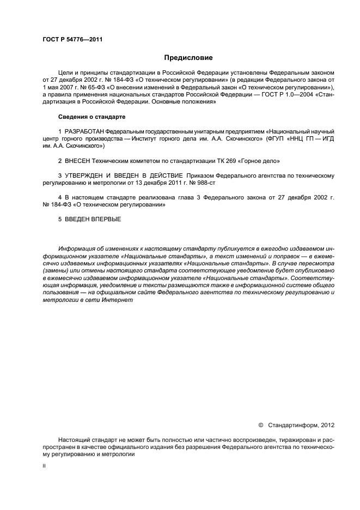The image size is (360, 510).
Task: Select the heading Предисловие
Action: tap(188, 57)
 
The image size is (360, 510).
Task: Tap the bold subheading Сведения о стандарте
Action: tap(92, 117)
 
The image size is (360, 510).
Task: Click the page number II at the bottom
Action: tap(44, 466)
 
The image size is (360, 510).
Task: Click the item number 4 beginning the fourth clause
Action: tap(60, 197)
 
